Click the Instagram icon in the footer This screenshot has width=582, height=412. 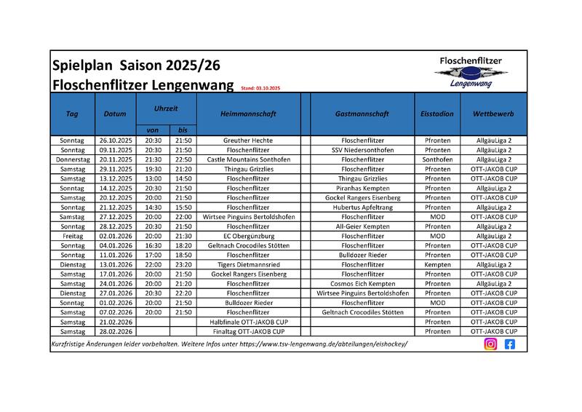pyautogui.click(x=490, y=344)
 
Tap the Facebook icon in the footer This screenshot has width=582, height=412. pyautogui.click(x=509, y=344)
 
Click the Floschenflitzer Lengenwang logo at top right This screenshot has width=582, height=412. pyautogui.click(x=471, y=72)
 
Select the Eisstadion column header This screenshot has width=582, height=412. pyautogui.click(x=437, y=114)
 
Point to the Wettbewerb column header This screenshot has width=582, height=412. pyautogui.click(x=493, y=114)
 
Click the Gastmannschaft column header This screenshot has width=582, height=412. pyautogui.click(x=362, y=114)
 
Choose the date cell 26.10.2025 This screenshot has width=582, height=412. pyautogui.click(x=115, y=140)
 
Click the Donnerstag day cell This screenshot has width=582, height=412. pyautogui.click(x=72, y=159)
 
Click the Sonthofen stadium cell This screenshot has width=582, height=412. pyautogui.click(x=437, y=159)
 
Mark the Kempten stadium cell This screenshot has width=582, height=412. pyautogui.click(x=437, y=265)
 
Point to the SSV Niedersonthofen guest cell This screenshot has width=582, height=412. pyautogui.click(x=362, y=149)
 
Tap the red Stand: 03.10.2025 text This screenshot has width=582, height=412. pyautogui.click(x=260, y=88)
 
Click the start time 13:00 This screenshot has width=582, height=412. pyautogui.click(x=154, y=178)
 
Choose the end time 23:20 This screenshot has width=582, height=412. pyautogui.click(x=183, y=265)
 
